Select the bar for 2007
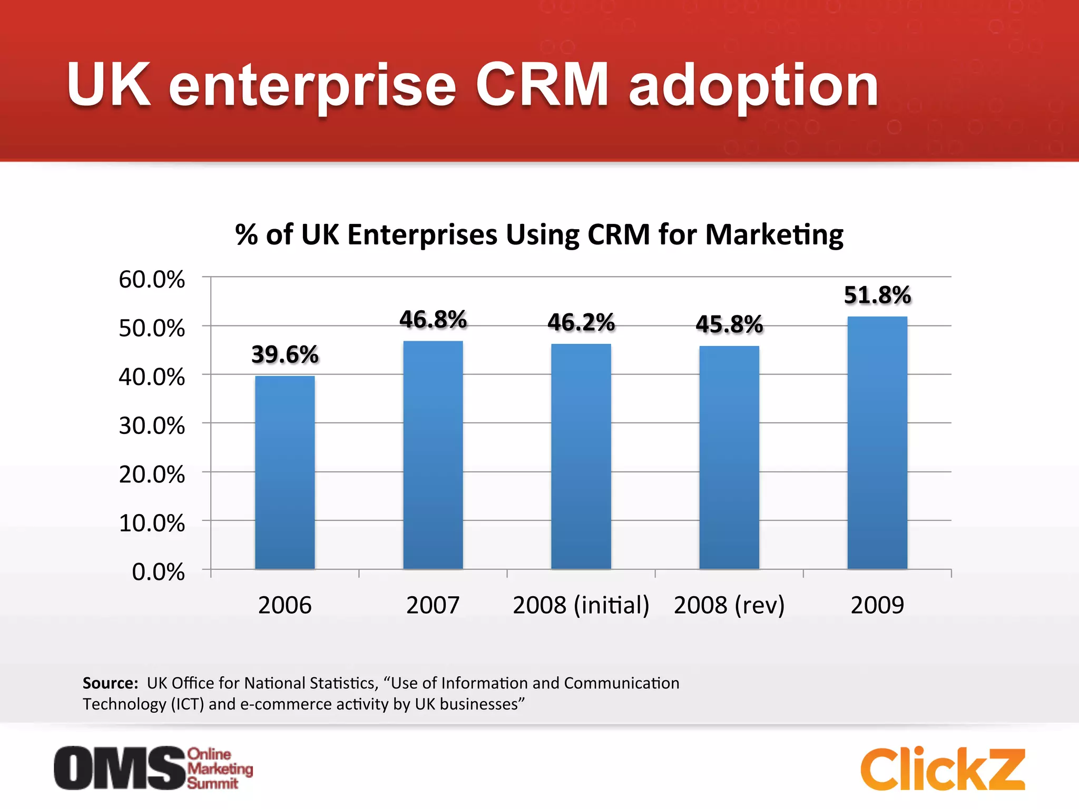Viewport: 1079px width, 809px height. (x=433, y=455)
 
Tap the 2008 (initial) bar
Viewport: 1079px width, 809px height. (x=581, y=457)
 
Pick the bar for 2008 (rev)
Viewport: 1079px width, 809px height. (x=729, y=458)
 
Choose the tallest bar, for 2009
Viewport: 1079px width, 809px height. (x=877, y=443)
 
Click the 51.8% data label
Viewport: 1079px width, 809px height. (x=877, y=295)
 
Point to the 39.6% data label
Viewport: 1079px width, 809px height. (x=285, y=354)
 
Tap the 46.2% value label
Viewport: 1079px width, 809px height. (x=581, y=322)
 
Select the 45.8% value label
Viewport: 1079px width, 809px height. (x=729, y=324)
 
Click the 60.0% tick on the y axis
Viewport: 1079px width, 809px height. (x=152, y=280)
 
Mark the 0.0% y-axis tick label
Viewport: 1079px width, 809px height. (x=158, y=572)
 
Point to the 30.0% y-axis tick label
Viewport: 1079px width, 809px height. (x=152, y=426)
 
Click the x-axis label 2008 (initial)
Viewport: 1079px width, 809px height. (x=581, y=605)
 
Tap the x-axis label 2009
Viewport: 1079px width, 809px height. (x=877, y=605)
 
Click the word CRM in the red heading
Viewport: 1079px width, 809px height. (x=542, y=85)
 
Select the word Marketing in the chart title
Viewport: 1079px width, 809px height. (x=774, y=235)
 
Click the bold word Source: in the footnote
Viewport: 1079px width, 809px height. (x=110, y=683)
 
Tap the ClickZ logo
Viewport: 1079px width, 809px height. (x=943, y=769)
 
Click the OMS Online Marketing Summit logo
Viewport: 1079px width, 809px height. (x=153, y=768)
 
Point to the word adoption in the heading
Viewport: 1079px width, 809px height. (x=753, y=87)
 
